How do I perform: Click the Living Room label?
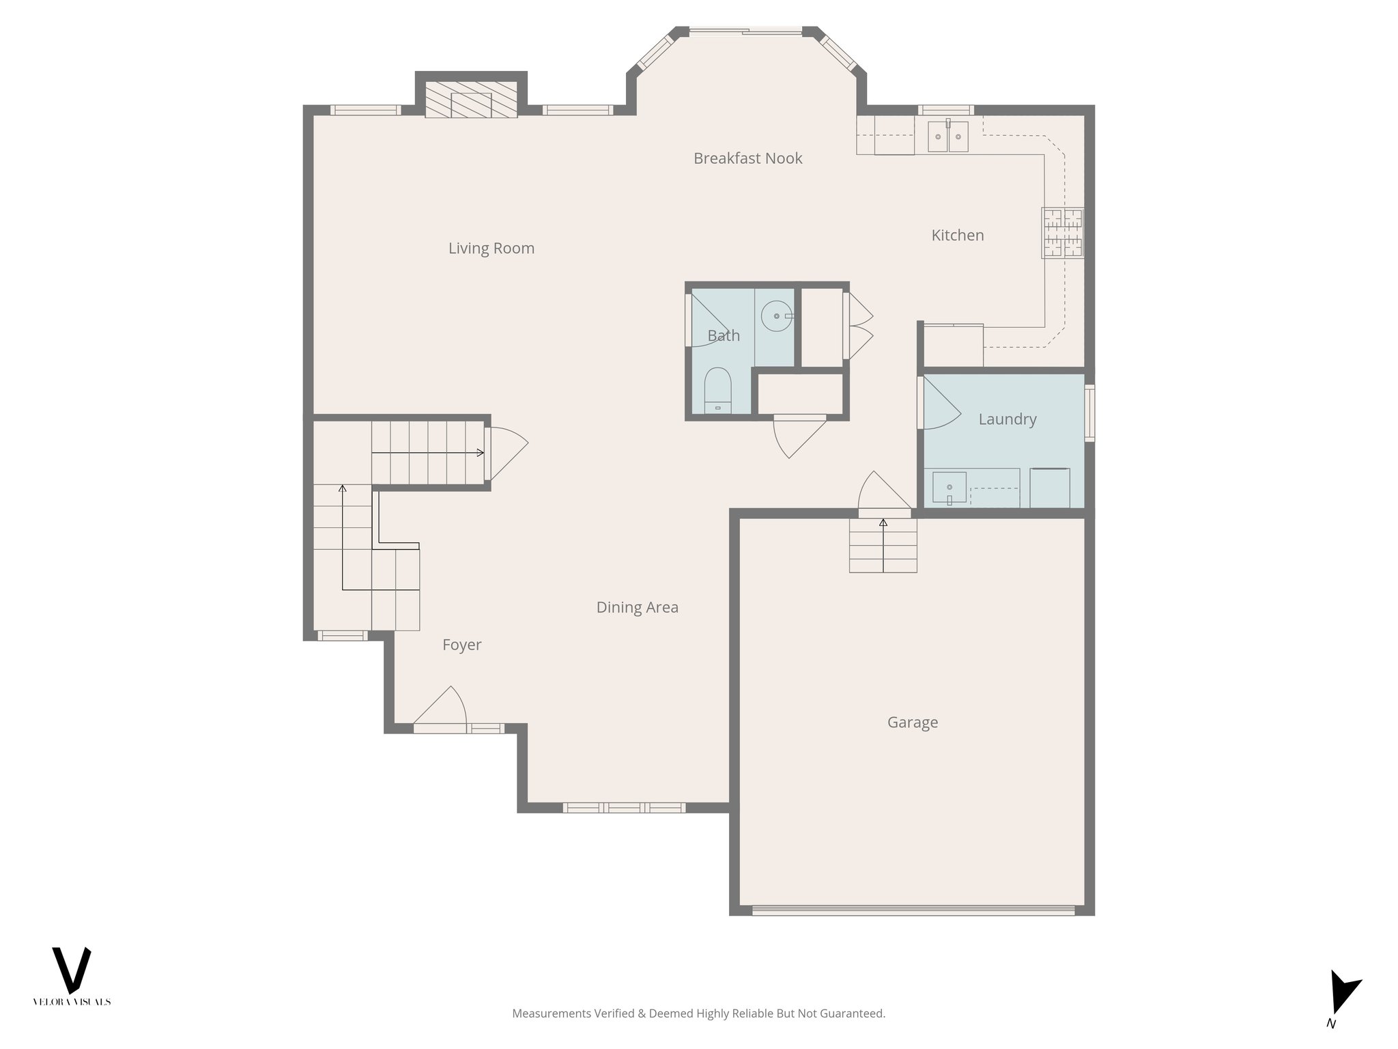coord(491,249)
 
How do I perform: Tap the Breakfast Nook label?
coord(747,158)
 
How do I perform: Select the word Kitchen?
coord(957,236)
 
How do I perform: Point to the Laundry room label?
coord(1007,419)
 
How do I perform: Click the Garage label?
coord(912,723)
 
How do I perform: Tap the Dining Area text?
coord(637,608)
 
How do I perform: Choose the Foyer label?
coord(461,645)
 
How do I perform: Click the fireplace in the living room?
coord(471,100)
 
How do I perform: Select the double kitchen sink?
coord(947,137)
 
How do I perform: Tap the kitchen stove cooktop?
coord(1062,233)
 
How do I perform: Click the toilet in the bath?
coord(717,391)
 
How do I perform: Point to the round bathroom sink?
coord(777,316)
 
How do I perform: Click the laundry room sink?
coord(949,487)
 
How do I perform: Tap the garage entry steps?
coord(883,546)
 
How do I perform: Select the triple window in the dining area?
coord(624,808)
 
